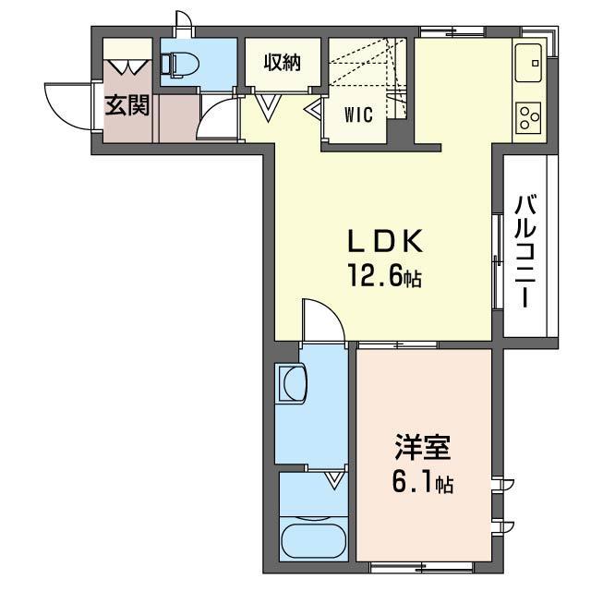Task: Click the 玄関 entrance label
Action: click(127, 105)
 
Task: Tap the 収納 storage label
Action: click(282, 62)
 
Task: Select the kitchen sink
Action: click(533, 62)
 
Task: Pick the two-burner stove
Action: click(530, 117)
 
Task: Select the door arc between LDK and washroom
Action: click(323, 319)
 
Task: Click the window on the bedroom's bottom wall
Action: click(421, 563)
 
